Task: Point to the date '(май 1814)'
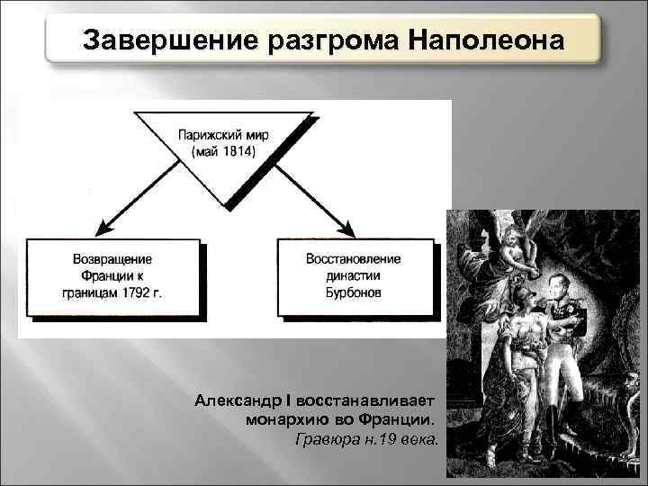pos(223,152)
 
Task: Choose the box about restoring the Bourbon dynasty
pos(354,276)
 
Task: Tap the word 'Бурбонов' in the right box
pos(354,293)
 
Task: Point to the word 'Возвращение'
pos(112,259)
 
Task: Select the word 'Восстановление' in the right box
pos(354,259)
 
